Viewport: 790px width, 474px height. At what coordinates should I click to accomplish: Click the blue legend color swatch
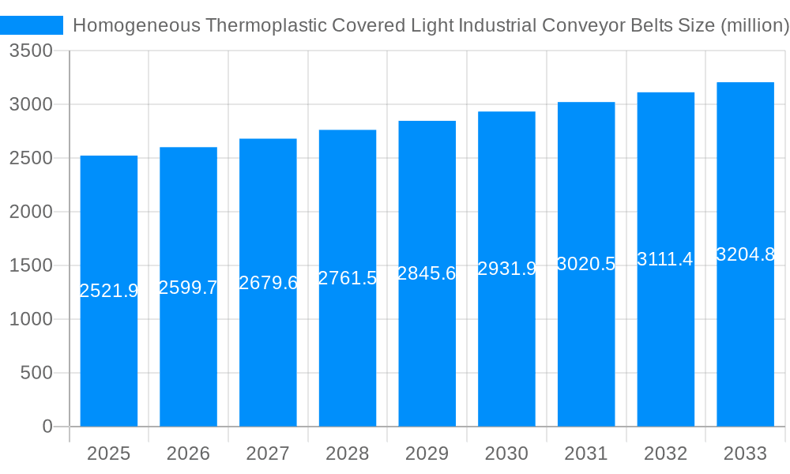click(x=32, y=25)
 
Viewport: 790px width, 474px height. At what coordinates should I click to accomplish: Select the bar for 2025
click(x=109, y=355)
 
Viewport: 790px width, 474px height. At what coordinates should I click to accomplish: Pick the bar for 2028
click(x=348, y=355)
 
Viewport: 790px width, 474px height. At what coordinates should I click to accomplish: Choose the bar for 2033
click(x=745, y=355)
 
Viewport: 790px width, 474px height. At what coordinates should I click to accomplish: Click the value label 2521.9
click(x=109, y=291)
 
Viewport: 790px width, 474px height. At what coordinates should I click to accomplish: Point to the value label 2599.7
click(x=188, y=288)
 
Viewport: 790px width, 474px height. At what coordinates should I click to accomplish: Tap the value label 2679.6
click(x=268, y=283)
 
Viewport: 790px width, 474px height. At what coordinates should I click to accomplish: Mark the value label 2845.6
click(x=427, y=273)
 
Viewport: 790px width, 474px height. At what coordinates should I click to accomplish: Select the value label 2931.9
click(x=506, y=269)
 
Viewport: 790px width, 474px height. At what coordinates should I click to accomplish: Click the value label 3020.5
click(x=586, y=264)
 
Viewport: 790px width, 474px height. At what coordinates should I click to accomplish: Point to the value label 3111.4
click(x=665, y=259)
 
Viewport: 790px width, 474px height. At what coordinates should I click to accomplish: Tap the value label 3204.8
click(x=745, y=254)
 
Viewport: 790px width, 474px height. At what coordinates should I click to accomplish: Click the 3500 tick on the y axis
click(x=31, y=51)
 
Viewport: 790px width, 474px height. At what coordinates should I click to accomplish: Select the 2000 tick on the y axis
click(x=31, y=212)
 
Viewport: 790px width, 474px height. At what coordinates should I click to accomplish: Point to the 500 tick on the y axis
click(x=36, y=373)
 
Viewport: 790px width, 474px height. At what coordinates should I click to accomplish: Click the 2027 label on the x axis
click(x=268, y=453)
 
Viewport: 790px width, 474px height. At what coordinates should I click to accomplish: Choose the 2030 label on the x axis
click(x=506, y=453)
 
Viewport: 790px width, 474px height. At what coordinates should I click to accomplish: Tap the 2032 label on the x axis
click(x=665, y=453)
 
